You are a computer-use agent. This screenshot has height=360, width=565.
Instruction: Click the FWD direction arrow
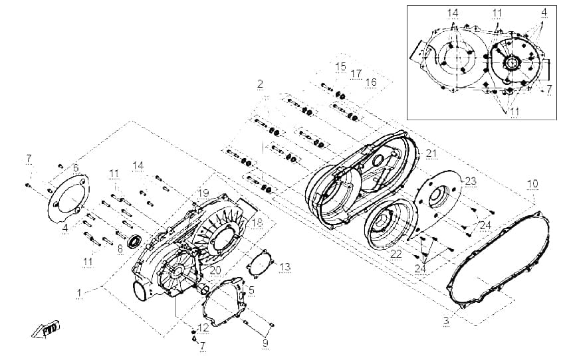[x=45, y=329]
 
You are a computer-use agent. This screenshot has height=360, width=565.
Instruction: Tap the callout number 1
[x=79, y=294]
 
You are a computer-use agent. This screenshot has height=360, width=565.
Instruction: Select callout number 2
[x=260, y=84]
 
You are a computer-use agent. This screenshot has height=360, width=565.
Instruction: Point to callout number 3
[x=446, y=320]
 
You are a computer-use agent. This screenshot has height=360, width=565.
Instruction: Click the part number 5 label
[x=251, y=290]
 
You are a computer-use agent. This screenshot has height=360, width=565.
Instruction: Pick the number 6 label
[x=76, y=168]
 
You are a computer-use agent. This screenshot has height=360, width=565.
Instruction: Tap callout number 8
[x=120, y=249]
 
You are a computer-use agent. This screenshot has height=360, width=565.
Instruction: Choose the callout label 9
[x=266, y=343]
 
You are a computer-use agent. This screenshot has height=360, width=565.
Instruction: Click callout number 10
[x=532, y=184]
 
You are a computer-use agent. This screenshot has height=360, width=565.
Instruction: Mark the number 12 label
[x=203, y=327]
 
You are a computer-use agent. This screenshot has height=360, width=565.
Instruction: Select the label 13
[x=284, y=267]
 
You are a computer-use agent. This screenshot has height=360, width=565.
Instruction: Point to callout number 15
[x=340, y=66]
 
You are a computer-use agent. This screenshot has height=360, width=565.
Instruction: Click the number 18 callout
[x=257, y=223]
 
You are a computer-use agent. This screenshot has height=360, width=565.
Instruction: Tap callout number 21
[x=431, y=153]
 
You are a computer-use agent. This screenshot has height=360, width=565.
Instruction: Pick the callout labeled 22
[x=396, y=254]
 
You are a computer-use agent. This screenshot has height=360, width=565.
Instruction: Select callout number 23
[x=471, y=181]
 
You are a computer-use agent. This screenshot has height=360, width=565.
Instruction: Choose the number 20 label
[x=215, y=270]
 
